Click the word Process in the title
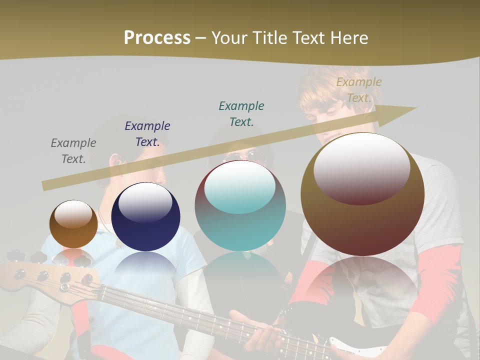[157, 38]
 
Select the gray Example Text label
[73, 151]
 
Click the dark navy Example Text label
[147, 134]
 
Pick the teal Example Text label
[241, 113]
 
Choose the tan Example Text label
[358, 90]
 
